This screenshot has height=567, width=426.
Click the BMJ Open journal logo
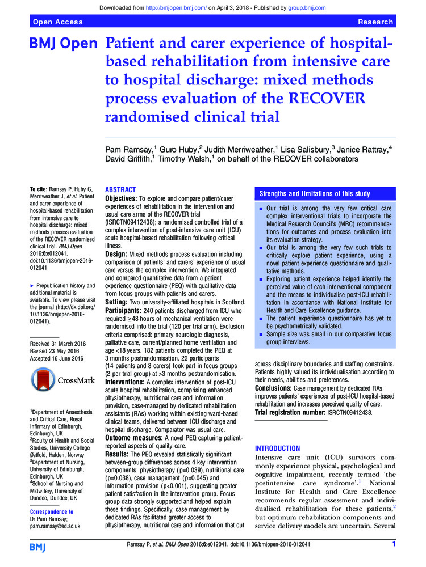63,44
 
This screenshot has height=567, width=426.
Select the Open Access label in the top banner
58,22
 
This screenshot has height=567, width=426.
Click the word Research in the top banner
375,22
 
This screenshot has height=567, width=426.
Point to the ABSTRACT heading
121,189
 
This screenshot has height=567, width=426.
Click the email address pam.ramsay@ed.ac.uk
55,526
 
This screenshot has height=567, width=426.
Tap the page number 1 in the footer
394,545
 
